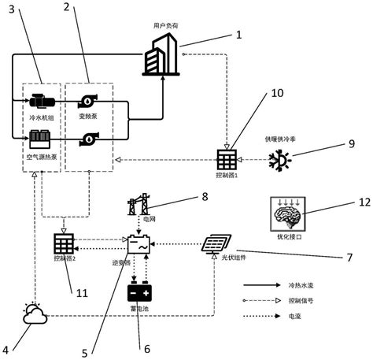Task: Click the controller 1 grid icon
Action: (228, 158)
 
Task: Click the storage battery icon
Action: (139, 293)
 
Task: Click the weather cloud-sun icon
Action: (34, 314)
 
